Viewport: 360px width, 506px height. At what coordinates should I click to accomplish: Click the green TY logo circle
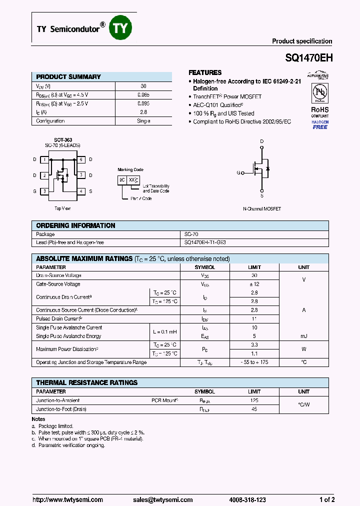(x=120, y=28)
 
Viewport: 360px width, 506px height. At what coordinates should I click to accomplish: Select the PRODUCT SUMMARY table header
(x=68, y=77)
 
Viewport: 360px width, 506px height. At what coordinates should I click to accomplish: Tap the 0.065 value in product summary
(x=143, y=94)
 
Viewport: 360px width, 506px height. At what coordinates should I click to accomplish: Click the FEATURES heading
(x=205, y=72)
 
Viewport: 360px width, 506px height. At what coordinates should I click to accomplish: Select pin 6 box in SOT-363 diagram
(x=80, y=159)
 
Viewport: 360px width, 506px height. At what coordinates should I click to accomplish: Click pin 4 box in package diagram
(x=80, y=191)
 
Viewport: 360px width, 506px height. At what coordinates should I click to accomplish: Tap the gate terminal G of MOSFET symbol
(x=239, y=173)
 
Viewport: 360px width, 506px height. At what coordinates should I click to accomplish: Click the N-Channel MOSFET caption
(x=261, y=208)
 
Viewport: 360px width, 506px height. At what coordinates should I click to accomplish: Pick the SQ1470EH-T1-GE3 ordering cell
(x=205, y=242)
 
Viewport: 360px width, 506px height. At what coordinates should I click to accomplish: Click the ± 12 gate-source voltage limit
(x=254, y=284)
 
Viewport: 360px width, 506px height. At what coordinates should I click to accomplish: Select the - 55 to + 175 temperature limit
(x=254, y=362)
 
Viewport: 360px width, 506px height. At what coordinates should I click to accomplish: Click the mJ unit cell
(x=303, y=336)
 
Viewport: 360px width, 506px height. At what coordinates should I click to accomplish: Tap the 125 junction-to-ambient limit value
(x=254, y=400)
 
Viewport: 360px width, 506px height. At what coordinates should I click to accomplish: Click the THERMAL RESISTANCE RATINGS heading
(x=87, y=382)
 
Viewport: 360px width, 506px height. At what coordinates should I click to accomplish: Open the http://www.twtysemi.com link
(x=67, y=499)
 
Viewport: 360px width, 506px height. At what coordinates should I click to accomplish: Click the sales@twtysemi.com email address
(x=163, y=499)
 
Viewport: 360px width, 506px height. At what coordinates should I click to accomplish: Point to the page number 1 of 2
(x=327, y=499)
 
